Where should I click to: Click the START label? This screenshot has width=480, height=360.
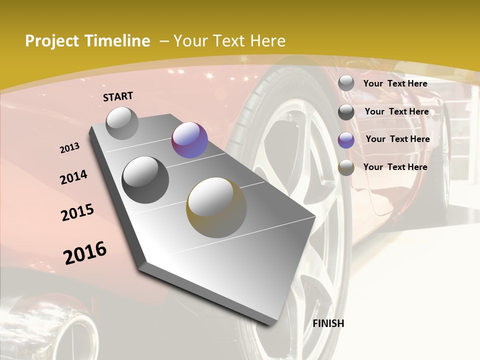click(118, 96)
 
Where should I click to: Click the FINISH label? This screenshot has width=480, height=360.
click(328, 323)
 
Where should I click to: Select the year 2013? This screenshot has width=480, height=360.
click(69, 148)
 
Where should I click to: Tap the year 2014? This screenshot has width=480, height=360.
click(73, 177)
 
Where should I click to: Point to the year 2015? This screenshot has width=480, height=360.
click(77, 212)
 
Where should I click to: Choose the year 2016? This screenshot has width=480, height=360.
click(85, 253)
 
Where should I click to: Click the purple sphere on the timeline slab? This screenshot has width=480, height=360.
click(189, 140)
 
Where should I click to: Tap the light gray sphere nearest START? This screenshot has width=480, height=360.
click(122, 123)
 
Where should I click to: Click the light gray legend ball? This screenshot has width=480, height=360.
click(346, 83)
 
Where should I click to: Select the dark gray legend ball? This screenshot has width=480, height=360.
click(346, 112)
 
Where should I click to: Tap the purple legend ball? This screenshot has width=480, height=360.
click(346, 140)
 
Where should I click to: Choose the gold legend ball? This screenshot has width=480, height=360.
click(346, 168)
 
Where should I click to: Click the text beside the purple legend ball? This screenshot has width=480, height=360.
click(397, 139)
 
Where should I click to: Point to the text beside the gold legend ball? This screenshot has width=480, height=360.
click(395, 167)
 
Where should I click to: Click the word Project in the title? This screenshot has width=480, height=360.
click(51, 41)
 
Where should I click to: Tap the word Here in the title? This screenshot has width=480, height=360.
click(267, 41)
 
